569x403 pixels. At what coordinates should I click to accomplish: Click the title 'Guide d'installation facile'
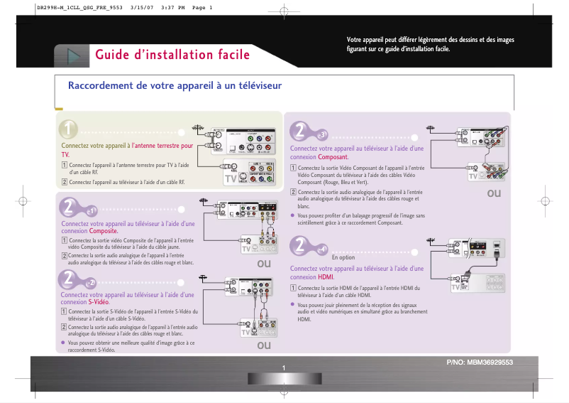click(x=172, y=55)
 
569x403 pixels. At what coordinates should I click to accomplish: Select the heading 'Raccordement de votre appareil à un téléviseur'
click(x=175, y=86)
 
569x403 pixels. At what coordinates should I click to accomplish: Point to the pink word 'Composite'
click(x=103, y=231)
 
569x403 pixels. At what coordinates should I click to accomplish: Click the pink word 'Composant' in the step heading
click(x=333, y=156)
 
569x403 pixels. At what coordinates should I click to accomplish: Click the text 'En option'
click(x=343, y=257)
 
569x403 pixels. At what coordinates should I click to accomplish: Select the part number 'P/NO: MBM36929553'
click(x=479, y=362)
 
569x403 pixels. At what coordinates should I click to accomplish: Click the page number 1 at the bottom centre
click(x=283, y=367)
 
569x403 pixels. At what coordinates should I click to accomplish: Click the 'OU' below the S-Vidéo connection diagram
click(x=264, y=345)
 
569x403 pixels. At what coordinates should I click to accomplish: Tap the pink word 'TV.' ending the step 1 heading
click(x=65, y=154)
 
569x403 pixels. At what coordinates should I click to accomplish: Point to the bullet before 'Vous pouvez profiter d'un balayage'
click(x=293, y=215)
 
